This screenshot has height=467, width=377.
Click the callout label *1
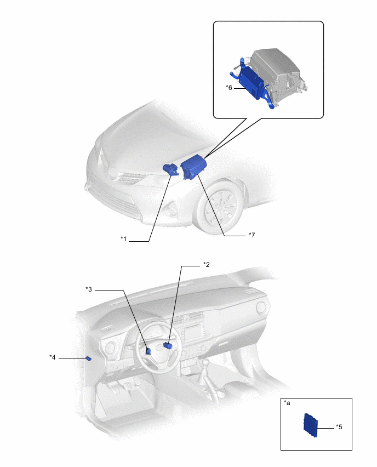click(x=124, y=239)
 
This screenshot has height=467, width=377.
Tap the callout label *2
click(x=207, y=265)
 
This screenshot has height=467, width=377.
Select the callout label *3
click(x=89, y=289)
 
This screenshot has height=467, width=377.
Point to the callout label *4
click(x=53, y=357)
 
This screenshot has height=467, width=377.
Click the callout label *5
click(x=339, y=427)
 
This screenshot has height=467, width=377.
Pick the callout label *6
click(x=229, y=88)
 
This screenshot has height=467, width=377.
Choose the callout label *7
click(x=252, y=235)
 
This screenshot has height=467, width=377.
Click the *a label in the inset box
click(x=287, y=403)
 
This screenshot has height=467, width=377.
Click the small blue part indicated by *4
click(x=88, y=358)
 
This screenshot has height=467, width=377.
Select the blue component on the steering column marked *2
click(x=168, y=345)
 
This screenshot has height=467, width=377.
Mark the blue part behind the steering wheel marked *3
click(x=148, y=351)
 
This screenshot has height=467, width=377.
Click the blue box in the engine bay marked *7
click(x=193, y=168)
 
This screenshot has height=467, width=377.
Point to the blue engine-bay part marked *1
click(x=170, y=169)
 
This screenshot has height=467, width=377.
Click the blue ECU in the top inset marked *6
click(x=252, y=83)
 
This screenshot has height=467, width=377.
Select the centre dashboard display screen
click(x=194, y=332)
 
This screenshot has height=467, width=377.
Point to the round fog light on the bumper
click(x=171, y=210)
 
